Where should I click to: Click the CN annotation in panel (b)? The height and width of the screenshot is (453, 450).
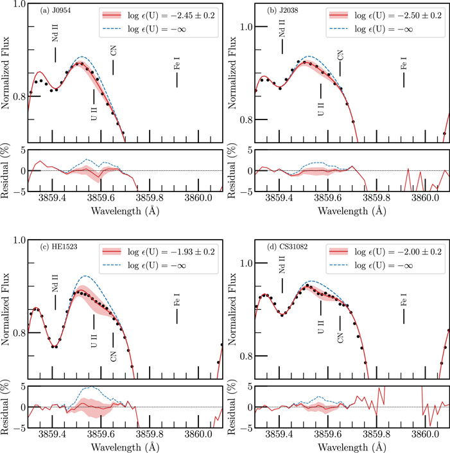(x=340, y=55)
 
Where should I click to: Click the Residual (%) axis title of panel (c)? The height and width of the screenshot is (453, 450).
(x=6, y=407)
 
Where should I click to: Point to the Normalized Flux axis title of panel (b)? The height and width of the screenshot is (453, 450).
(x=232, y=73)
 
